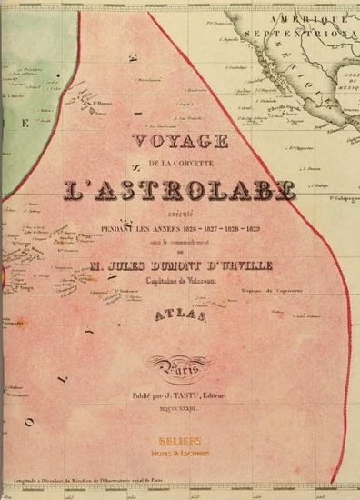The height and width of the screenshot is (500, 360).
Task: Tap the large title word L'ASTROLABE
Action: [x=181, y=188]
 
